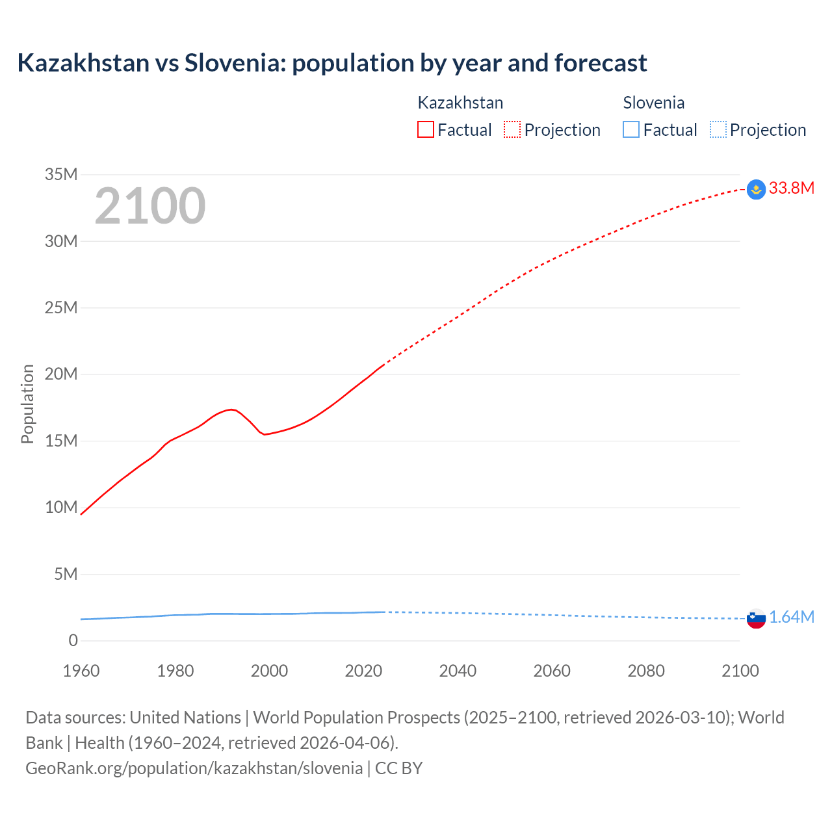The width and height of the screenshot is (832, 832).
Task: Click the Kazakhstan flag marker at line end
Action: click(x=756, y=189)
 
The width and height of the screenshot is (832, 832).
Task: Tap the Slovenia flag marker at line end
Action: click(x=756, y=618)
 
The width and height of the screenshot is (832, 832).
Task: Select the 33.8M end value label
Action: click(x=791, y=188)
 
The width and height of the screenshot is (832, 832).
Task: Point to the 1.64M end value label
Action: click(x=791, y=617)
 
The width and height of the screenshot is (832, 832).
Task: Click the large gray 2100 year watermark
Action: click(x=150, y=207)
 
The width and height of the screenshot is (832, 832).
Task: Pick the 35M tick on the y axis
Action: click(x=61, y=174)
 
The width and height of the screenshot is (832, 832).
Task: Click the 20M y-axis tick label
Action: click(x=61, y=374)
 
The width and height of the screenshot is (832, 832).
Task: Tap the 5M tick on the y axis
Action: click(x=66, y=574)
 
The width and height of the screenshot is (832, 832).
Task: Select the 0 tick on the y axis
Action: click(x=73, y=640)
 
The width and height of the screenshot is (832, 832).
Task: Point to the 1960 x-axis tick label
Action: click(x=81, y=671)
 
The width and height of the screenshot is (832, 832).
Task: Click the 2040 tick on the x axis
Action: click(x=458, y=671)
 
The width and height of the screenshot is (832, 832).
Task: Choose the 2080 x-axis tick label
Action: click(x=646, y=671)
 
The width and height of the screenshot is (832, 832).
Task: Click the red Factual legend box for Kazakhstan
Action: click(x=425, y=130)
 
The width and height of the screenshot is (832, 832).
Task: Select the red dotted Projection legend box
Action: click(x=512, y=130)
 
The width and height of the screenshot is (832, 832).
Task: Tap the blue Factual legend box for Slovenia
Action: click(x=631, y=130)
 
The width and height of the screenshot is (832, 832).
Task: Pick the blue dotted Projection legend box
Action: click(x=718, y=130)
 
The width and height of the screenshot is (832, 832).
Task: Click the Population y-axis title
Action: click(x=27, y=404)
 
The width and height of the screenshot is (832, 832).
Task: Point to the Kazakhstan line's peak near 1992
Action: click(x=231, y=409)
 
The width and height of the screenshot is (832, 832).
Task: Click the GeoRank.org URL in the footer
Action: click(x=194, y=768)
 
